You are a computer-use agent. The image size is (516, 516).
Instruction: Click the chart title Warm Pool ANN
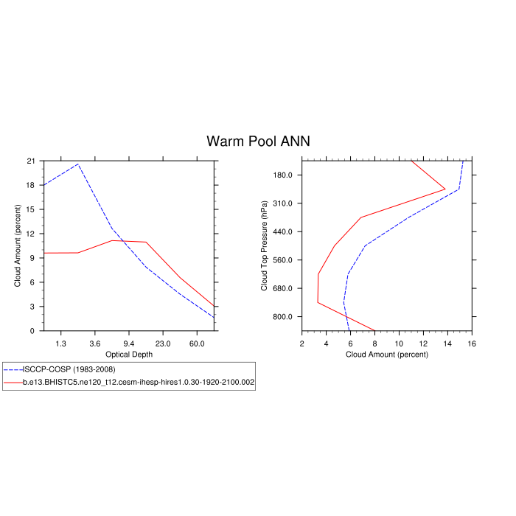(x=258, y=141)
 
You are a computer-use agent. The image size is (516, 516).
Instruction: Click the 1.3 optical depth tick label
(x=60, y=344)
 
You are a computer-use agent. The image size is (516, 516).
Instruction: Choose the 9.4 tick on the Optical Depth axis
(x=128, y=344)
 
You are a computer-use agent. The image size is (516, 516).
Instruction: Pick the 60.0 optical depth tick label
(x=197, y=344)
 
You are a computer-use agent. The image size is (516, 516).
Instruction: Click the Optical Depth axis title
(x=129, y=355)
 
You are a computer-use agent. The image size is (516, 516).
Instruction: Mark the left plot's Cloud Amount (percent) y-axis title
(x=18, y=245)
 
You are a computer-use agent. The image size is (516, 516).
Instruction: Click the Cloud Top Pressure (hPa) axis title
(x=264, y=245)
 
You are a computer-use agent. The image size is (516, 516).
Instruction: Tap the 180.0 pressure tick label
(x=283, y=175)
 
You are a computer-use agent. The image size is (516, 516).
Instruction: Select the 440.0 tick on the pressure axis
(x=283, y=231)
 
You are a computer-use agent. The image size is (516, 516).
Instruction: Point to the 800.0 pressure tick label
(x=283, y=317)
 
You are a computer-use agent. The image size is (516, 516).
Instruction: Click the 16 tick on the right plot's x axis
(x=472, y=344)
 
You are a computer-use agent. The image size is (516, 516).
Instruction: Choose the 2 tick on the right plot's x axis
(x=302, y=344)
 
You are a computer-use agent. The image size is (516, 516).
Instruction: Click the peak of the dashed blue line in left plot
(x=78, y=164)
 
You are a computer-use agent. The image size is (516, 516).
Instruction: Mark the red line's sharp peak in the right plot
(x=445, y=189)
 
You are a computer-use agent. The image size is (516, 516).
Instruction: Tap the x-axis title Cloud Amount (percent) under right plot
(x=387, y=355)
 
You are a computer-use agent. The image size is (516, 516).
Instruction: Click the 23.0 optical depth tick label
(x=163, y=344)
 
